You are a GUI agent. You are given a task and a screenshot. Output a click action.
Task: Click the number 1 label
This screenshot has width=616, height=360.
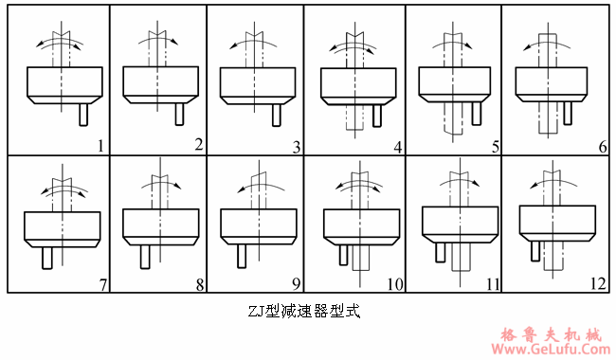coord(100,145)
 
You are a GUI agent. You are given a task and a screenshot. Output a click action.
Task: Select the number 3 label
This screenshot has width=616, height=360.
coord(297,146)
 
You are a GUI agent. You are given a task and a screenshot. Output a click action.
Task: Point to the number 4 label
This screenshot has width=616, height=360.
coord(398,146)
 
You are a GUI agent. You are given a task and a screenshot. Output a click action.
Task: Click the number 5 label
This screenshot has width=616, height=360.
coord(495,146)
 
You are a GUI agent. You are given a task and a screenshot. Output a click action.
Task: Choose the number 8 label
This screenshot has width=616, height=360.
coord(198,282)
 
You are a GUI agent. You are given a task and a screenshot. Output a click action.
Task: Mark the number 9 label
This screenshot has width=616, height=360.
coord(296,282)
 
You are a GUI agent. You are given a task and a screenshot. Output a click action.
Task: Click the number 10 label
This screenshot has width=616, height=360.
coord(394,282)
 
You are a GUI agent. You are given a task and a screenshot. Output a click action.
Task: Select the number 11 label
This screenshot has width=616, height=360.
coord(494,282)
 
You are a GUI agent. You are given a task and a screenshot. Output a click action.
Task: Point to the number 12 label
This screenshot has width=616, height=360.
coord(595,282)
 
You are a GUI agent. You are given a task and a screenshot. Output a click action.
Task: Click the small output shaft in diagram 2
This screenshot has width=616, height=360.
coord(181,113)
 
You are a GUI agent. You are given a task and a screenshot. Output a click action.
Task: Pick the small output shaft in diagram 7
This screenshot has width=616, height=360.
coord(45,259)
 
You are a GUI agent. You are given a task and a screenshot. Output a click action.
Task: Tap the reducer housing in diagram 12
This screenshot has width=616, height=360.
coord(557,219)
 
